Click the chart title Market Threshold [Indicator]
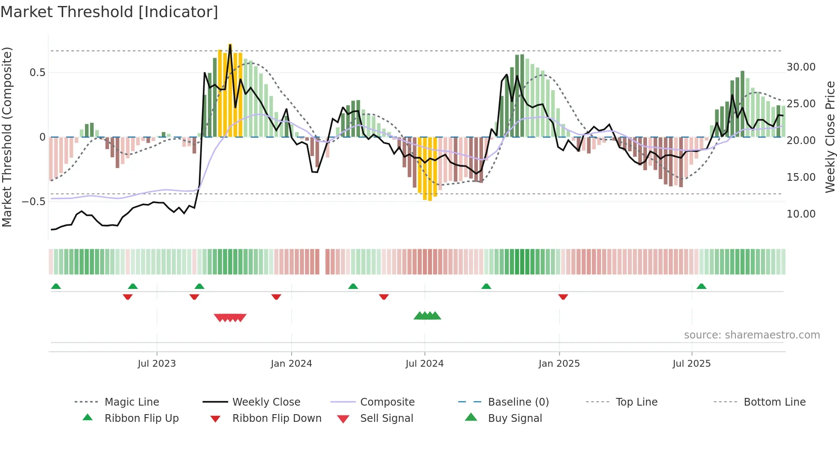109,12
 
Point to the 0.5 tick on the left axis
37,73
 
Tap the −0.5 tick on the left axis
34,202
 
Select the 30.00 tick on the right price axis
801,67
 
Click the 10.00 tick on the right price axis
801,214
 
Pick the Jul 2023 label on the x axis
157,364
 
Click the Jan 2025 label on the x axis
559,364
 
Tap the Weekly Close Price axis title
830,137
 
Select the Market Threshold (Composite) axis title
7,137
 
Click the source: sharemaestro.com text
752,335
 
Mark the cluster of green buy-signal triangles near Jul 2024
427,316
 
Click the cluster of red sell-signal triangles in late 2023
230,318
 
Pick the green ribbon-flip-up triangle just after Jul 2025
701,286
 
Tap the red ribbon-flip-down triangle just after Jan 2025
563,297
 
